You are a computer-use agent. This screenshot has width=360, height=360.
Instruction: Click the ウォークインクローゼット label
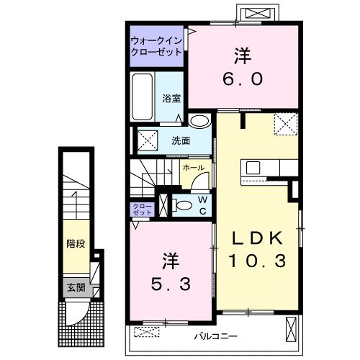[x=157, y=46]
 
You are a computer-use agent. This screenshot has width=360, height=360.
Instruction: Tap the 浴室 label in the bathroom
[x=171, y=99]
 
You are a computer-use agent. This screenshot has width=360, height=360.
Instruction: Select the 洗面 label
[x=181, y=141]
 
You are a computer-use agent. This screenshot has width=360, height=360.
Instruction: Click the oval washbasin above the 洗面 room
[x=199, y=121]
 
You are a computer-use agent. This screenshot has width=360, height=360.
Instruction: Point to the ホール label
[x=194, y=168]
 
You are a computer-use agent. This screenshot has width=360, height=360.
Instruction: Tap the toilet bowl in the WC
[x=182, y=205]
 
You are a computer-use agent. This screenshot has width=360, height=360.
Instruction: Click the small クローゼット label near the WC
[x=143, y=210]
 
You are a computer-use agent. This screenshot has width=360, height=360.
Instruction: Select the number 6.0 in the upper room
[x=243, y=79]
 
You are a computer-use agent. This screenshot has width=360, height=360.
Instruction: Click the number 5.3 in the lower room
[x=171, y=284]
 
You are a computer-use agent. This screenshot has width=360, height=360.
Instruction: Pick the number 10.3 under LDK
[x=258, y=261]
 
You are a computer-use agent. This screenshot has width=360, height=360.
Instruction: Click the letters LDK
[x=258, y=238]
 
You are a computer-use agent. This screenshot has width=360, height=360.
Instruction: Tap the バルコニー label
[x=215, y=336]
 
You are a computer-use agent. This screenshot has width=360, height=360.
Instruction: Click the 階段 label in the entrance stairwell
[x=76, y=244]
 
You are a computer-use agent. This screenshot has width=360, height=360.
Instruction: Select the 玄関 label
[x=76, y=287]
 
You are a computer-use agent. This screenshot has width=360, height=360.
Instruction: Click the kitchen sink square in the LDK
[x=253, y=168]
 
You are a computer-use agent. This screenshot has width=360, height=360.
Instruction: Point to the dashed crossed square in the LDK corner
[x=286, y=124]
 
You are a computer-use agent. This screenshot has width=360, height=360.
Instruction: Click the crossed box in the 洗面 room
[x=148, y=140]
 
